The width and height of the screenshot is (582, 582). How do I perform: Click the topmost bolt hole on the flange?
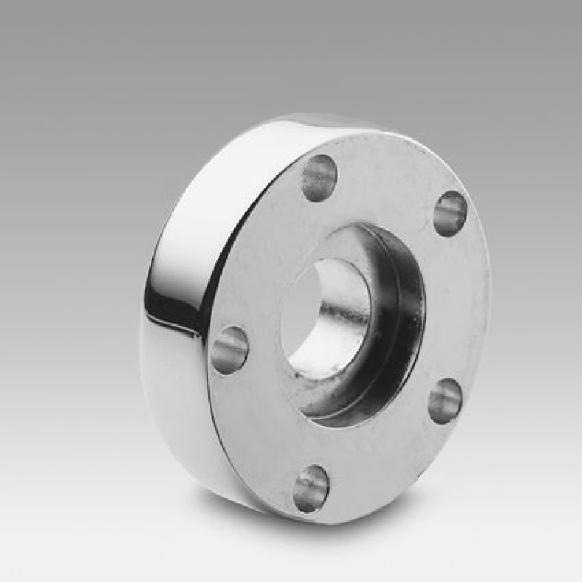point(319,178)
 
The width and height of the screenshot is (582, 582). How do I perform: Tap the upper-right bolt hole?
point(450,213)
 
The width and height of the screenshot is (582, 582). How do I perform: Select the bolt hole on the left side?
point(229,350)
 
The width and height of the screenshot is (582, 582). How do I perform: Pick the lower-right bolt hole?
point(445,401)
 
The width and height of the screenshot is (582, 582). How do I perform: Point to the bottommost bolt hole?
point(311,488)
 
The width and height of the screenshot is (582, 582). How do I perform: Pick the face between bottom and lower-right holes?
point(386,466)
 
